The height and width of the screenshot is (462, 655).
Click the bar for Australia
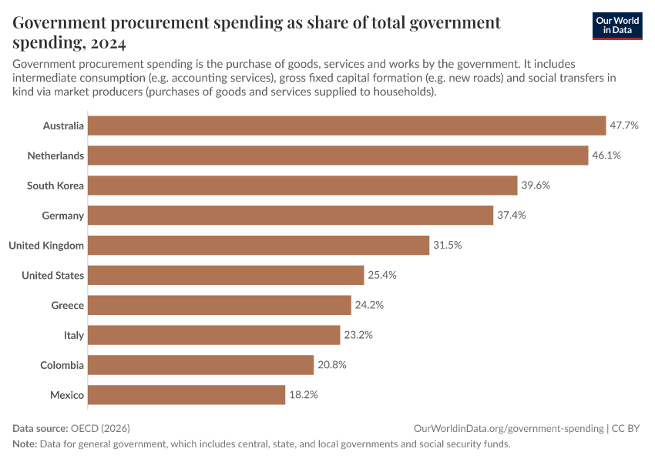[347, 126]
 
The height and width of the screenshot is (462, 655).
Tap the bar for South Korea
[302, 186]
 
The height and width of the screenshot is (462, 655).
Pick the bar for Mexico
[186, 395]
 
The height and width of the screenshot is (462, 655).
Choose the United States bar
[226, 275]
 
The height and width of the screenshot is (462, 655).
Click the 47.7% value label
[624, 126]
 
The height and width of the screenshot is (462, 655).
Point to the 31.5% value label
[447, 246]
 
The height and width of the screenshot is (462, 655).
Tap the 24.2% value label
[369, 305]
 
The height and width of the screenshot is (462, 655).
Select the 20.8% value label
[331, 365]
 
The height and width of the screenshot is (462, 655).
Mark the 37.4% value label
[511, 216]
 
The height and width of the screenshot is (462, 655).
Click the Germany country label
[62, 216]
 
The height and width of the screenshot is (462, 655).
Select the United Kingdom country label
[46, 246]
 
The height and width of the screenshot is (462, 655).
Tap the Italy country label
[74, 335]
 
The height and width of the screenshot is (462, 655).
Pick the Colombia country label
[62, 365]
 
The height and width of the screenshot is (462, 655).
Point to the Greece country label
[67, 305]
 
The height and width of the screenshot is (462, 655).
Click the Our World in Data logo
[617, 25]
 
